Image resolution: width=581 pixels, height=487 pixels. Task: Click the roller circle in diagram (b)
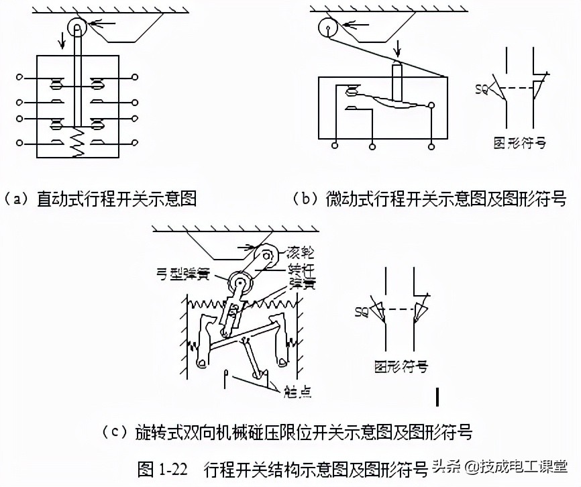click(327, 29)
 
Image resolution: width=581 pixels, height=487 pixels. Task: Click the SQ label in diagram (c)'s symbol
click(362, 312)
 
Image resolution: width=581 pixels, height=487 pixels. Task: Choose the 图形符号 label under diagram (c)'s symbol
click(401, 366)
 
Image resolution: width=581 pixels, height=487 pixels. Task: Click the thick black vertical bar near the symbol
click(437, 396)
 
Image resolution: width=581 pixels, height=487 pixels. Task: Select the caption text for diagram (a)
click(100, 199)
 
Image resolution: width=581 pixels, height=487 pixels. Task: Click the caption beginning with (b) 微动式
click(430, 199)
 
